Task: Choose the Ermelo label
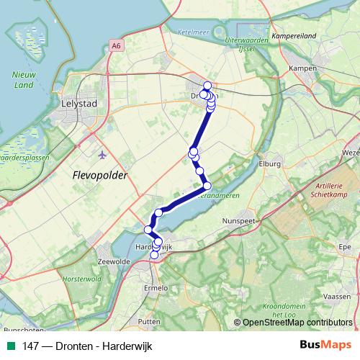[x=156, y=288]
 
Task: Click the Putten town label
[x=149, y=322]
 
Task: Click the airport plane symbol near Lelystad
[x=101, y=154]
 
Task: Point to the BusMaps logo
[x=325, y=346]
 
